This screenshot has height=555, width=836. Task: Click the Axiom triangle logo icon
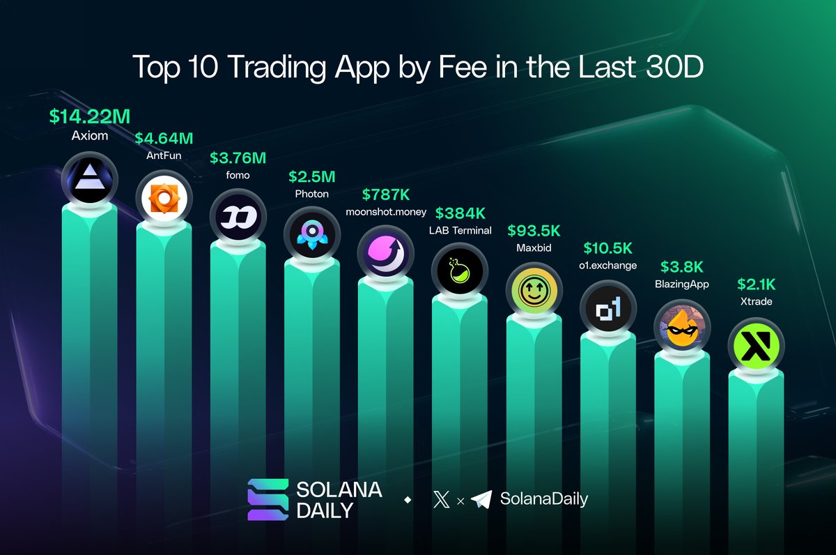pos(90,179)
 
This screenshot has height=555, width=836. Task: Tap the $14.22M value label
pos(90,116)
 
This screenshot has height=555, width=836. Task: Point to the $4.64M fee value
pos(164,139)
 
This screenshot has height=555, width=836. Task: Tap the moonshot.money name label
pos(385,211)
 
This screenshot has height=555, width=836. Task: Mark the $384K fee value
pos(460,213)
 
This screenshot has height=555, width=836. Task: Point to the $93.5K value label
pos(534,230)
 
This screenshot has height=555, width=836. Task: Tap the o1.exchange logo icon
pos(607,310)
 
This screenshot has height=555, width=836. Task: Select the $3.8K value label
pos(681,267)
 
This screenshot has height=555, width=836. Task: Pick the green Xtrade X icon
pos(755,347)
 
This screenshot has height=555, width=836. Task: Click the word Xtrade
pos(755,302)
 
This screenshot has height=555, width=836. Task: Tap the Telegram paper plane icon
pos(481,499)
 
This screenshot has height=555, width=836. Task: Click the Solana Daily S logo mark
pos(268,500)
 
